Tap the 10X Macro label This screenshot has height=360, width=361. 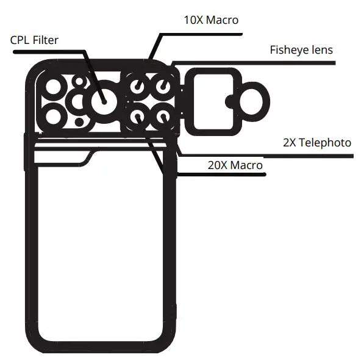coord(210,20)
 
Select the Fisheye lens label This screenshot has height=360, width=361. coord(301,50)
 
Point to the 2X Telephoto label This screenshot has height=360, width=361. coord(316,143)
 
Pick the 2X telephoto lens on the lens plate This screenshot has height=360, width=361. coord(163,115)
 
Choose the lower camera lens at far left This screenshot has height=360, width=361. coord(54,115)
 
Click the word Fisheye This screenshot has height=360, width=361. coord(290,50)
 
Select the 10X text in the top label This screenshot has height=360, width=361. coord(194,20)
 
